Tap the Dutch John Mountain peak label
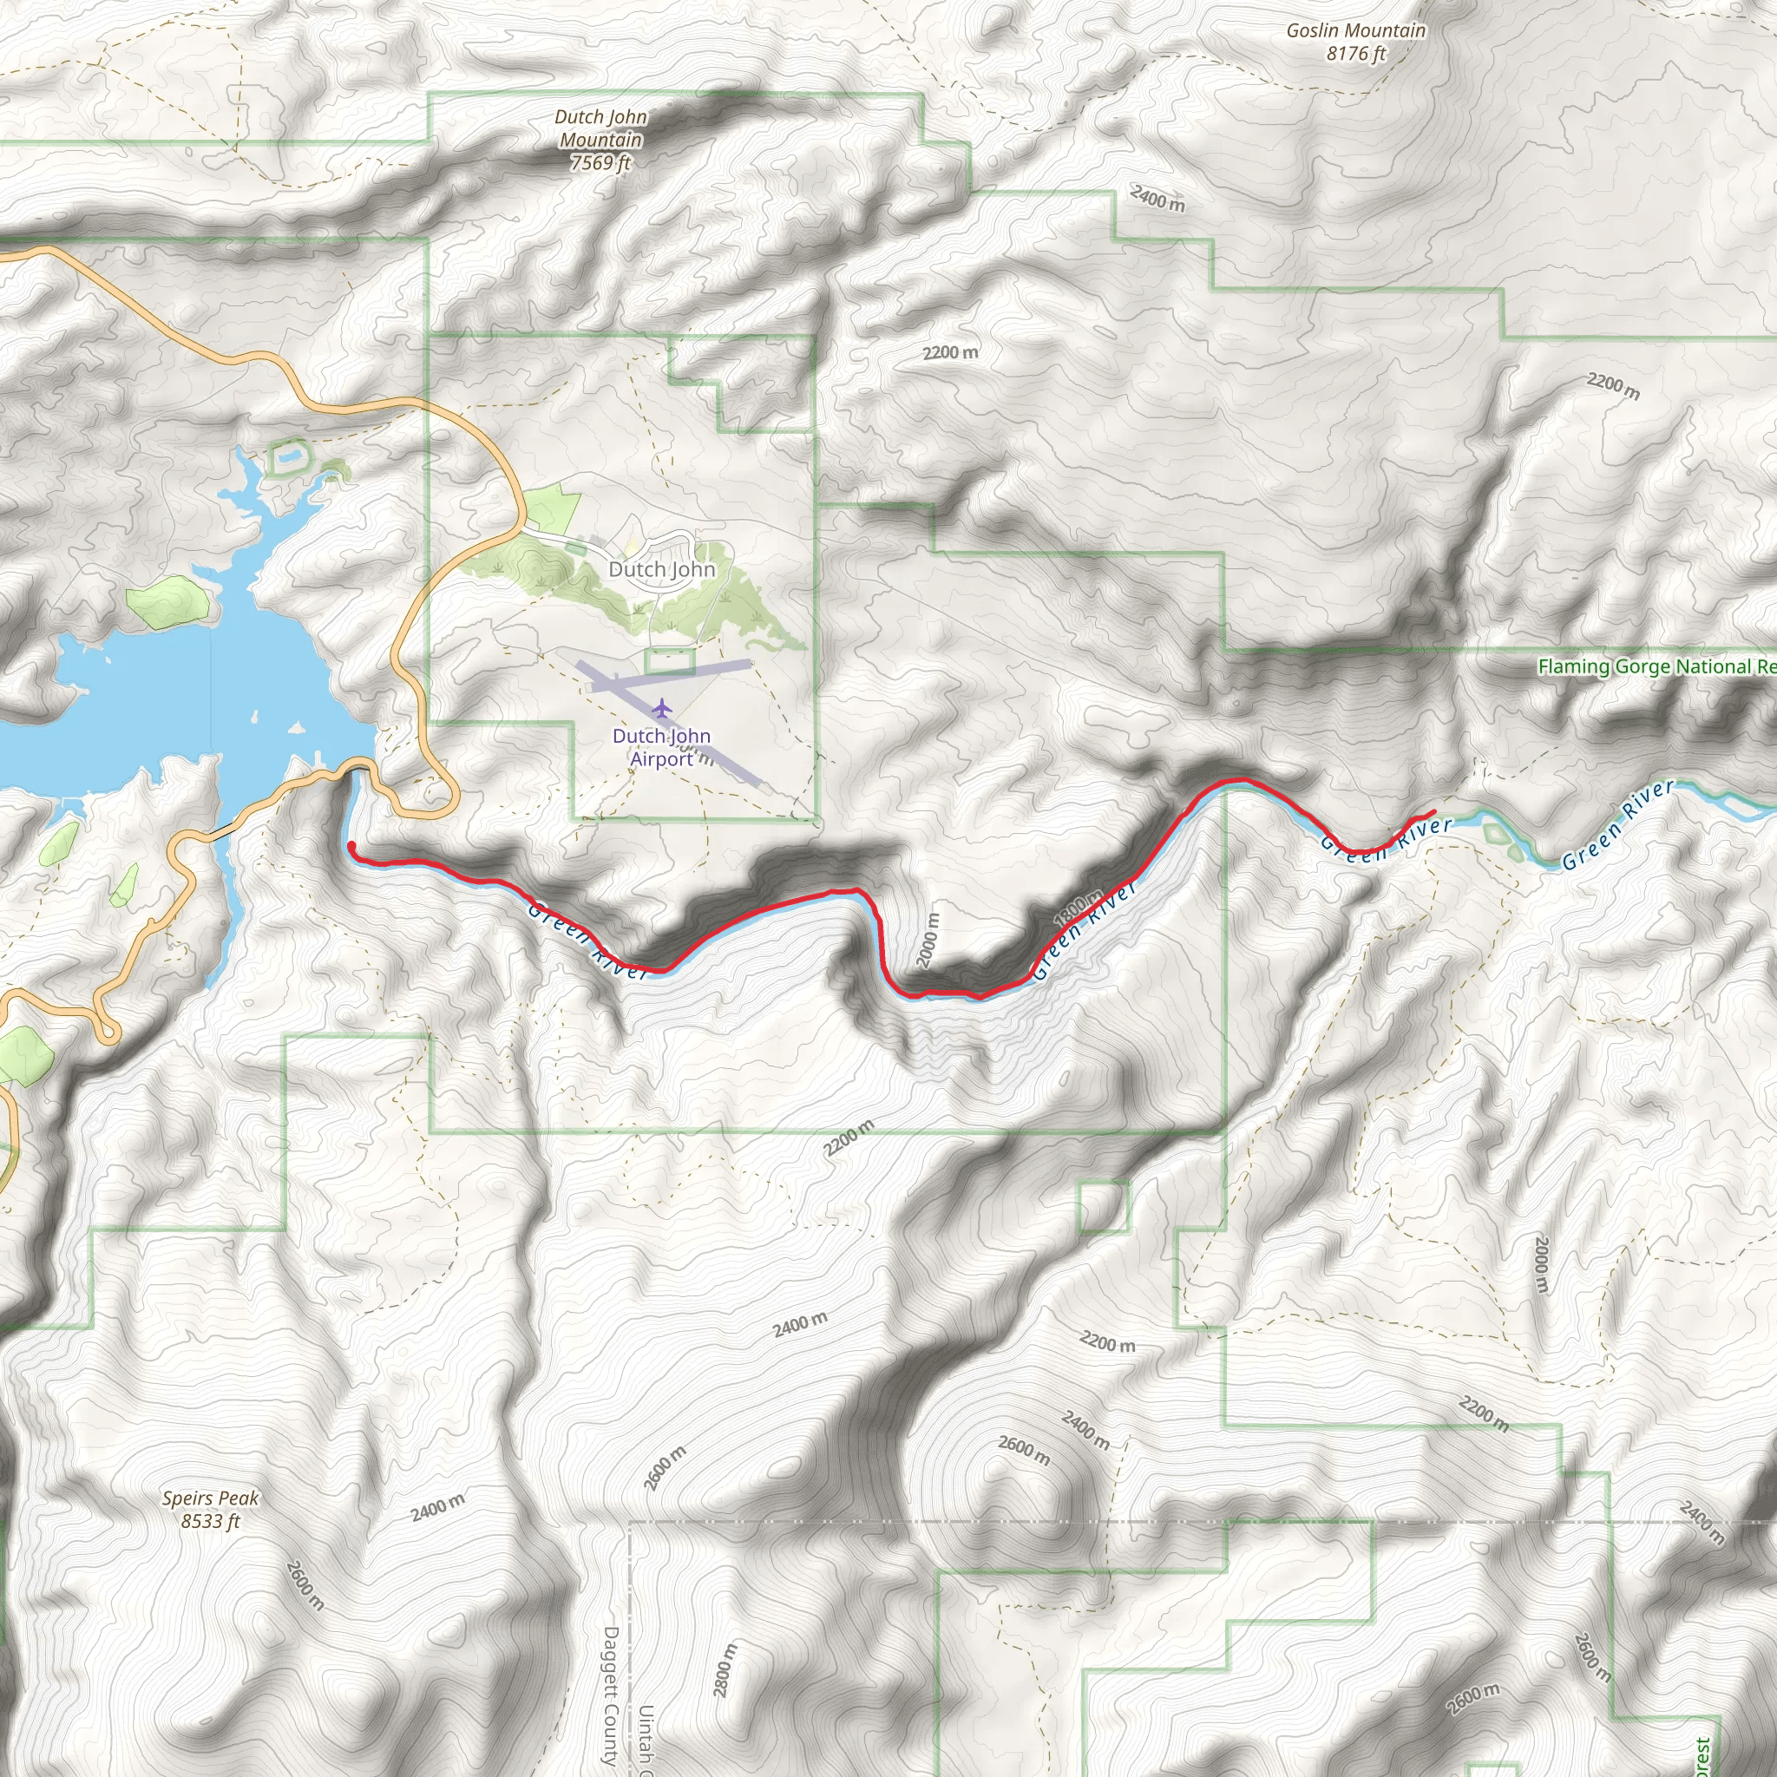pyautogui.click(x=600, y=140)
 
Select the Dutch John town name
pyautogui.click(x=661, y=569)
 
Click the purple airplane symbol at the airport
pyautogui.click(x=661, y=708)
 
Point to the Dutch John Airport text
pyautogui.click(x=661, y=747)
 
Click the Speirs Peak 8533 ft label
pyautogui.click(x=211, y=1508)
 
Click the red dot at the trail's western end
pyautogui.click(x=351, y=846)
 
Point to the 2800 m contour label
pyautogui.click(x=725, y=1669)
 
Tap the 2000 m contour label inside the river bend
pyautogui.click(x=929, y=940)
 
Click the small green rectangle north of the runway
pyautogui.click(x=670, y=660)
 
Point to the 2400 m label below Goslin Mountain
pyautogui.click(x=1157, y=198)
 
